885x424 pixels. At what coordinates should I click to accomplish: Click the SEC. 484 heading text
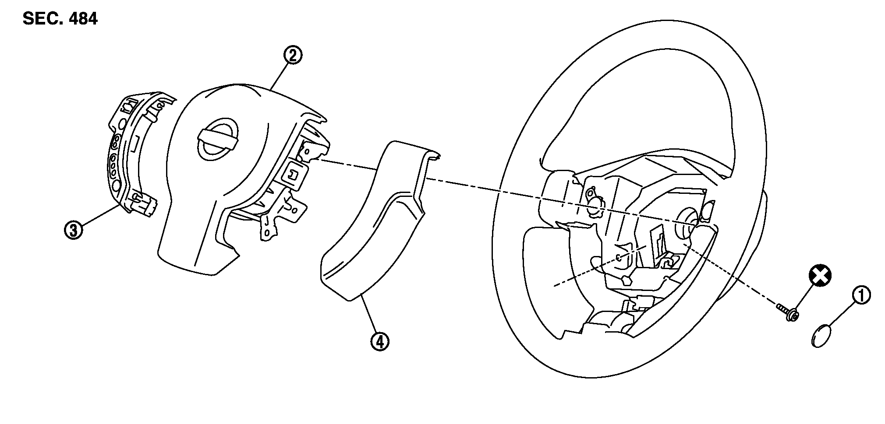point(60,19)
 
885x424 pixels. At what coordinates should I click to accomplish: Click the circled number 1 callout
point(861,296)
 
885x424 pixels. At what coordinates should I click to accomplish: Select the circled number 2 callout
point(293,56)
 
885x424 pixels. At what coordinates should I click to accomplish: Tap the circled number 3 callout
point(74,229)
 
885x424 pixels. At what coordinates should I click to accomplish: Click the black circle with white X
point(820,276)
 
